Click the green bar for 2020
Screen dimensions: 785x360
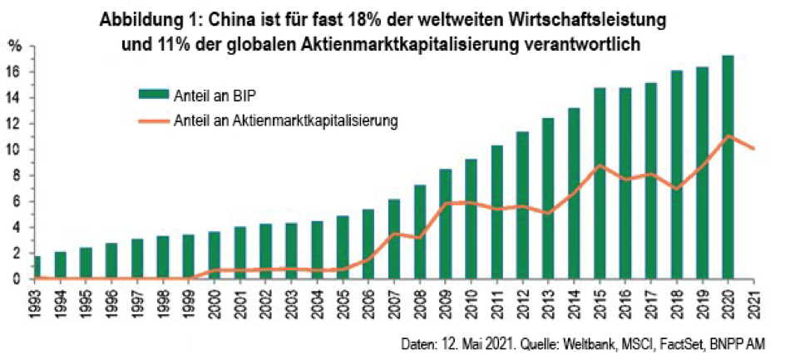pyautogui.click(x=728, y=167)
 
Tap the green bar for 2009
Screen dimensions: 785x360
pyautogui.click(x=446, y=224)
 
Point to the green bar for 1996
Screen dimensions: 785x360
pyautogui.click(x=111, y=261)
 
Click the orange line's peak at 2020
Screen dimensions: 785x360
pyautogui.click(x=728, y=136)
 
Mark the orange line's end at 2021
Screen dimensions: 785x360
pyautogui.click(x=753, y=149)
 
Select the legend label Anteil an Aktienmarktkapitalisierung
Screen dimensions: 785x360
pyautogui.click(x=285, y=121)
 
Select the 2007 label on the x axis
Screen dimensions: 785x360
pyautogui.click(x=394, y=300)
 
